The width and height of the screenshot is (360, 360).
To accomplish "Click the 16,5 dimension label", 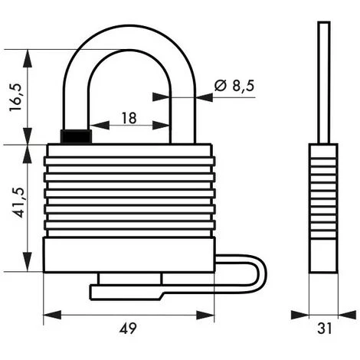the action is pos(16,97).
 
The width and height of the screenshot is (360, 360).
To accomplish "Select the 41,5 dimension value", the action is pos(20,203).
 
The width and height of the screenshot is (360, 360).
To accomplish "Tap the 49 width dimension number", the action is pos(128,328).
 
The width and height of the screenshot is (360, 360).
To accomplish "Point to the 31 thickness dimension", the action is pos(325,329).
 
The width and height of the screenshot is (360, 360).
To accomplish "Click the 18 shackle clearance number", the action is pos(129,118).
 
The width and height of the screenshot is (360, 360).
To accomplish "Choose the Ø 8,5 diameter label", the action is pos(234,86).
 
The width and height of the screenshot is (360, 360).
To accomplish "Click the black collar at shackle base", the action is pos(76,136).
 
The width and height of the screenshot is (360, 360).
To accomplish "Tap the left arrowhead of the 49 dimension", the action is pos(52,315).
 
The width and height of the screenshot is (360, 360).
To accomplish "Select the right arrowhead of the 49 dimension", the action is pos(205,315).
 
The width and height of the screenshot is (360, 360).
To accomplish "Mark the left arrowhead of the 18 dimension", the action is pos(100,125).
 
